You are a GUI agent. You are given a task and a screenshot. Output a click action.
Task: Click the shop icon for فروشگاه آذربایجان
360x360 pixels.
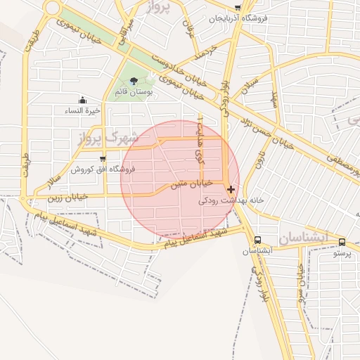[238, 8]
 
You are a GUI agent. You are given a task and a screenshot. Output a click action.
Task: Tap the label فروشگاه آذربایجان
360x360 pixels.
[243, 18]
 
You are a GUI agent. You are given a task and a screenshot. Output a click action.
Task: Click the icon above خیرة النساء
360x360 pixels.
[83, 100]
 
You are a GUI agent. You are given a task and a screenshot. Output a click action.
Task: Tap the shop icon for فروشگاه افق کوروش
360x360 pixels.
[103, 159]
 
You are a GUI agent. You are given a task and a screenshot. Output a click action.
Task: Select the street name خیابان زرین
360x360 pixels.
[67, 196]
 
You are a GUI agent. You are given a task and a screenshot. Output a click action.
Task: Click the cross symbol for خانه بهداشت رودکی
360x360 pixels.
[231, 188]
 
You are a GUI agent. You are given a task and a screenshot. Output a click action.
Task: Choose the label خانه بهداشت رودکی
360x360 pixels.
[231, 200]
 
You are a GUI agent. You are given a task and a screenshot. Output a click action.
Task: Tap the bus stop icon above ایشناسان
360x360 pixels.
[257, 240]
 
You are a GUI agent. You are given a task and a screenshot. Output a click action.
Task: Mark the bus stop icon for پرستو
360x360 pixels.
[342, 242]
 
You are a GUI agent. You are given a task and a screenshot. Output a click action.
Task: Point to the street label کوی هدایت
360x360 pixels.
[201, 150]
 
